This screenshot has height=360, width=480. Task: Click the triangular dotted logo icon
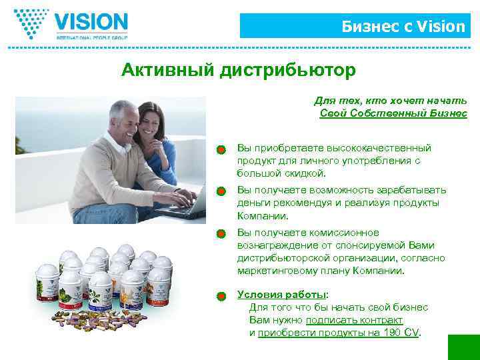pos(32,24)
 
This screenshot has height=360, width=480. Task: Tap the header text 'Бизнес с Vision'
pos(403,27)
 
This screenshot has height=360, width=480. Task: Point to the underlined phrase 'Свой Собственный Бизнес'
pos(393,113)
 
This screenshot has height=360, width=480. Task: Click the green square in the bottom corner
pos(463,347)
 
